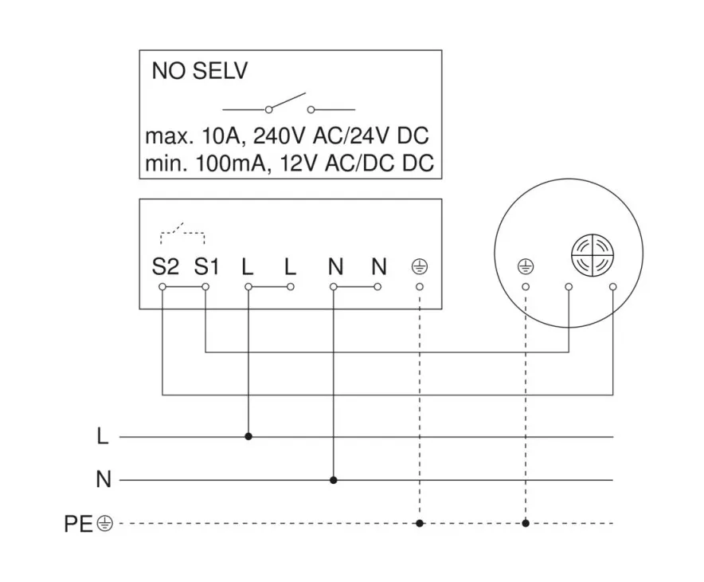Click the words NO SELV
tap(200, 72)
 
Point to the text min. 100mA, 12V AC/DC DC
tap(289, 163)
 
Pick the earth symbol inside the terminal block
tap(419, 266)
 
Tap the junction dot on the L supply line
tap(248, 437)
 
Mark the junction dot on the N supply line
tap(334, 480)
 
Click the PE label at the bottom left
tap(79, 524)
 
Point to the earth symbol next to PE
tap(105, 524)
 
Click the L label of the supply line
tap(101, 437)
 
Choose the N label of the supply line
tap(102, 480)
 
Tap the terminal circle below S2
tap(162, 285)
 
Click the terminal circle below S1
tap(205, 285)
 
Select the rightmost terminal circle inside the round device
tap(612, 285)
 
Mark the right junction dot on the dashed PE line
tap(526, 524)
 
